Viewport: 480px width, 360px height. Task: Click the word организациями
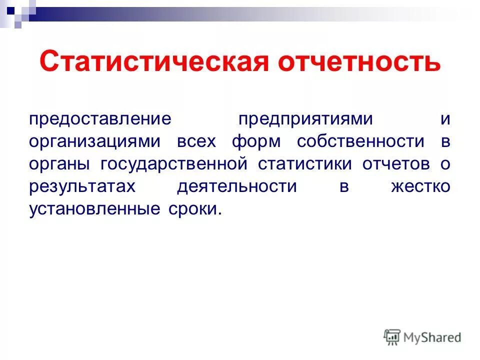[x=94, y=141]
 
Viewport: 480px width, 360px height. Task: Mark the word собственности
[x=360, y=141]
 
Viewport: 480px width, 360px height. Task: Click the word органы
[x=60, y=164]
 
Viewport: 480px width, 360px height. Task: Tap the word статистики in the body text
[x=305, y=163]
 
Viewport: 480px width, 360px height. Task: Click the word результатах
[x=82, y=186]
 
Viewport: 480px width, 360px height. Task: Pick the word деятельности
[x=237, y=186]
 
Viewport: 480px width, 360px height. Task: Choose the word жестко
[x=421, y=186]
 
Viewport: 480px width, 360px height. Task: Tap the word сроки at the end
[x=191, y=208]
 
